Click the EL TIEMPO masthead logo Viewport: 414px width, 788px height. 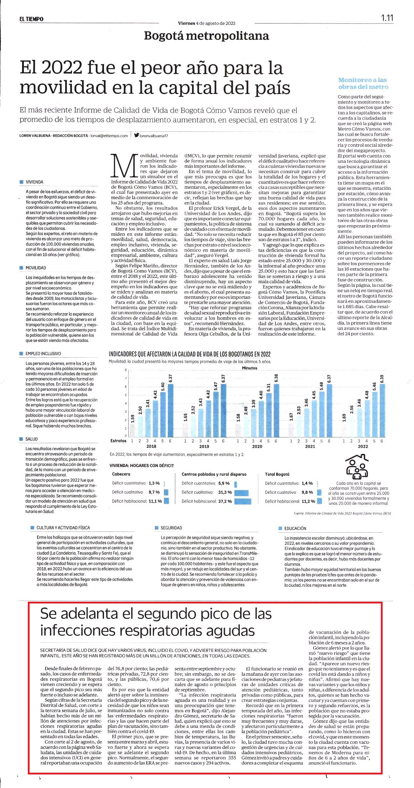coord(32,19)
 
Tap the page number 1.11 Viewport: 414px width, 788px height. coord(387,18)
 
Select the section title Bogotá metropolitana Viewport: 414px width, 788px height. coord(206,36)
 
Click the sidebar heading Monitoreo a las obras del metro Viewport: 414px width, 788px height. coord(363,83)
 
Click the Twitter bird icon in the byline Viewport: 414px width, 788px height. coord(136,135)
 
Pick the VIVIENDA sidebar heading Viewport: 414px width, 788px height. coord(34,182)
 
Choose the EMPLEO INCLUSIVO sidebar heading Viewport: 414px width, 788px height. coord(43,354)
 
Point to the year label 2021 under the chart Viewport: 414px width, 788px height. coord(310,446)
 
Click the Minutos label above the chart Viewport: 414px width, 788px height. coord(249,368)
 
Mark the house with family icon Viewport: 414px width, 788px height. coord(357,466)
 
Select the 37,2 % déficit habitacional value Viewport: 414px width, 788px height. coord(224,501)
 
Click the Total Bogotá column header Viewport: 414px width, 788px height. coord(277,474)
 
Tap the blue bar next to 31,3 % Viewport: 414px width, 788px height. coord(241,492)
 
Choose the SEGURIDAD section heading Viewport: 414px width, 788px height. coord(171,528)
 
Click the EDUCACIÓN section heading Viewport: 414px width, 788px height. coord(295,529)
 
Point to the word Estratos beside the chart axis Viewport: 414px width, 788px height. coord(118,441)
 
